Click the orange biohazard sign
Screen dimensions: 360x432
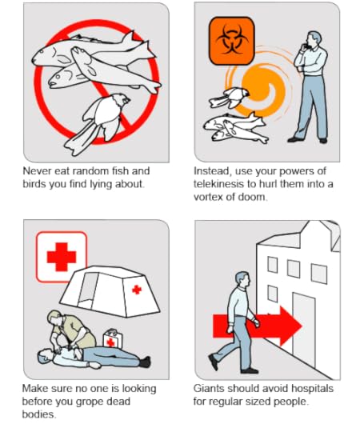coord(232,41)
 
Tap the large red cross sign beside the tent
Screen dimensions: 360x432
coord(62,257)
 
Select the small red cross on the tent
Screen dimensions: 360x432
coord(137,290)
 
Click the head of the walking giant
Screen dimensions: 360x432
coord(242,280)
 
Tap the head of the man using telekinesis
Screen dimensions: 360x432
coord(314,40)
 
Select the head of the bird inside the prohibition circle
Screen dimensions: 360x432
coord(122,99)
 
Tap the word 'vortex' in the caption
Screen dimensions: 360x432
coord(208,197)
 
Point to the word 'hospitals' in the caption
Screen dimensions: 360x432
coord(312,389)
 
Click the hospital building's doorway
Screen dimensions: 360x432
coord(304,329)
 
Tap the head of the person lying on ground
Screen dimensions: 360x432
coord(45,355)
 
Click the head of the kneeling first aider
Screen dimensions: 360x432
coord(55,317)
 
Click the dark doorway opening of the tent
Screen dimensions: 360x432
coord(87,290)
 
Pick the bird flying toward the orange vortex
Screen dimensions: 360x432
coord(229,98)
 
